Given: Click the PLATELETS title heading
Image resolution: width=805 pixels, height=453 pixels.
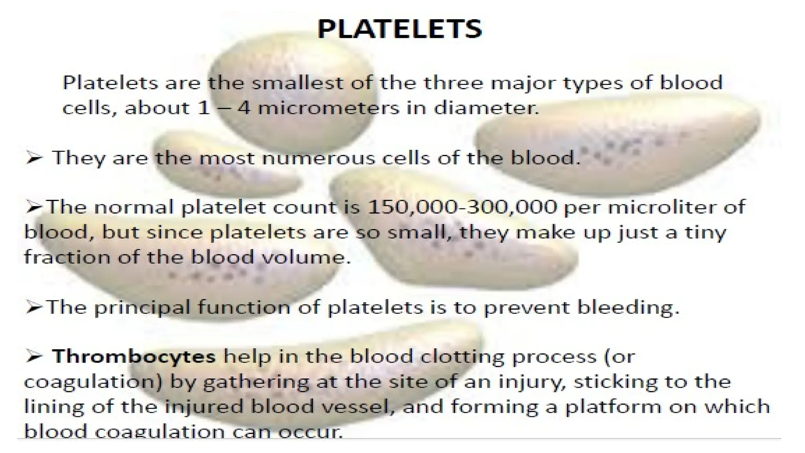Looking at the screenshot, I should click(x=399, y=29).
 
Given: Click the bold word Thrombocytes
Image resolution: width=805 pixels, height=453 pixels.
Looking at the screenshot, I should click(x=134, y=357).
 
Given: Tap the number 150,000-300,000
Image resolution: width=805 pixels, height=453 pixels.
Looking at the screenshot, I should click(x=462, y=207).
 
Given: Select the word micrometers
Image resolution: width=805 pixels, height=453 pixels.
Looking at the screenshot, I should click(x=328, y=108).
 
